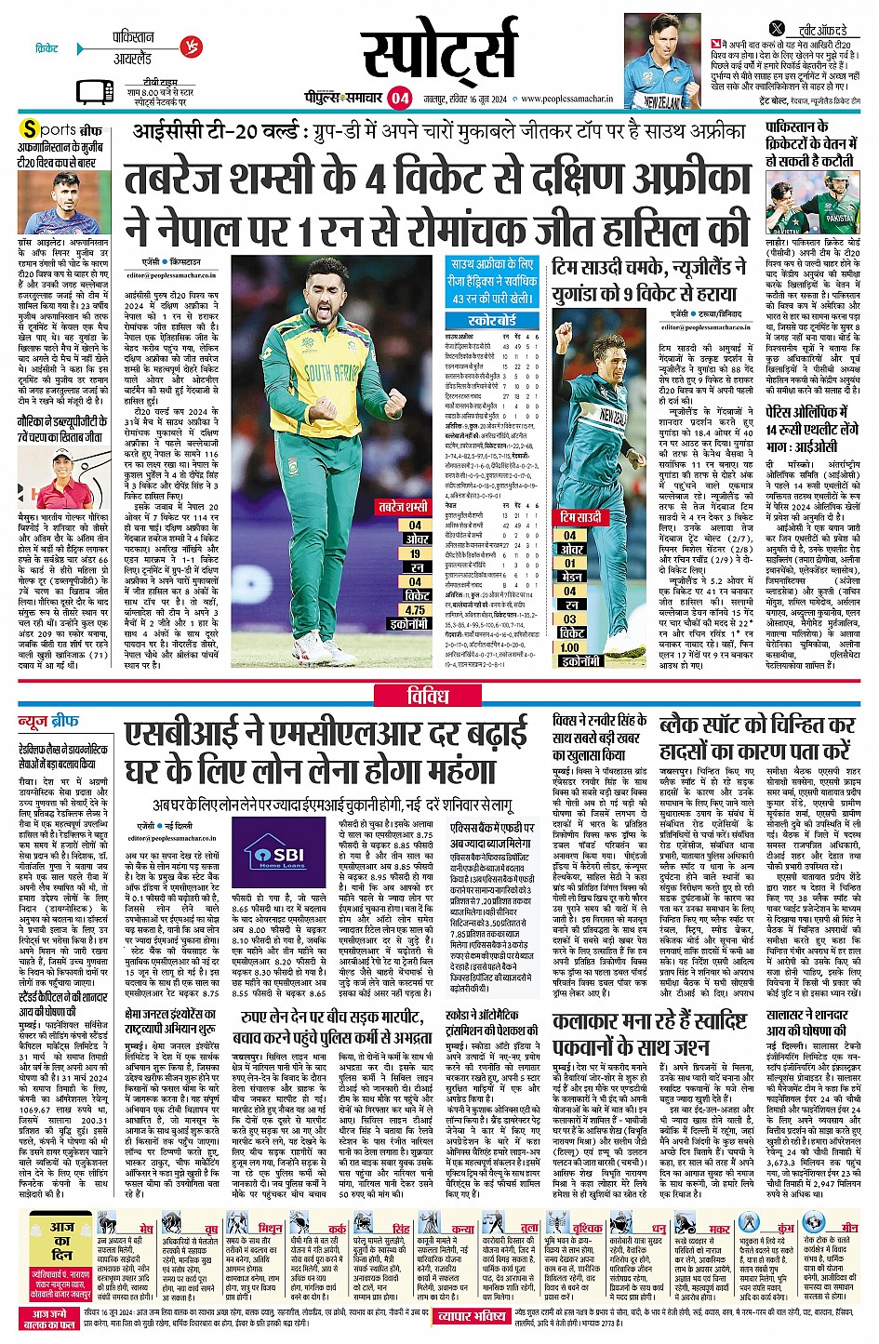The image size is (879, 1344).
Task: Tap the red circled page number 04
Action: click(x=400, y=97)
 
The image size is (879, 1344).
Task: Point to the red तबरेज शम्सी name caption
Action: click(x=403, y=506)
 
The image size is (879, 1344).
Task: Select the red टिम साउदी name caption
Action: click(x=581, y=516)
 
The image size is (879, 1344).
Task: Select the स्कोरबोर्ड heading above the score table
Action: click(x=493, y=320)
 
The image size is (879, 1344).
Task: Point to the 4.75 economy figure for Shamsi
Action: click(x=415, y=610)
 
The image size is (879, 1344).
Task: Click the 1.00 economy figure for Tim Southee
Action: click(x=569, y=647)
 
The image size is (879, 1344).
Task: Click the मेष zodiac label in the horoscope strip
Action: click(x=146, y=1229)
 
